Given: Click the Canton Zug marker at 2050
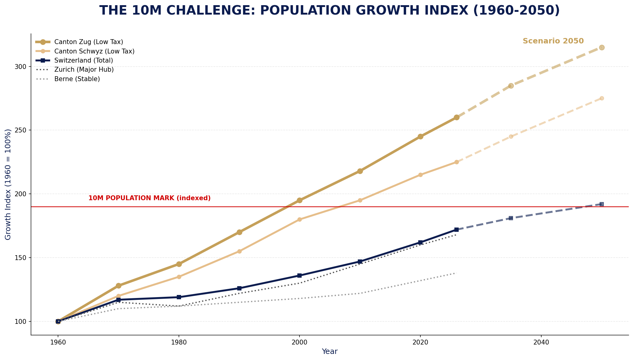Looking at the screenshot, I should click(601, 47).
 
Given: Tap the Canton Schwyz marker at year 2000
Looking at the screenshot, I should click(299, 219).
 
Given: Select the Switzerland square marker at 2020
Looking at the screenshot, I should click(420, 242).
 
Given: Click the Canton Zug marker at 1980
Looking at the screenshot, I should click(179, 264).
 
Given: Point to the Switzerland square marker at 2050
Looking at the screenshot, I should click(601, 204).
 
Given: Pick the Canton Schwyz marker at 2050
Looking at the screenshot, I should click(601, 98).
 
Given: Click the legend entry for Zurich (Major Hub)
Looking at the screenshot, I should click(84, 70).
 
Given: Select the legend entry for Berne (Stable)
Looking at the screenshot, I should click(77, 79).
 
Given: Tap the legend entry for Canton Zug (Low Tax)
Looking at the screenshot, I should click(88, 42).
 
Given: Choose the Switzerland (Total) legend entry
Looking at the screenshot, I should click(84, 60).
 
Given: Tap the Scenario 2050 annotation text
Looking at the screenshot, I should click(553, 41).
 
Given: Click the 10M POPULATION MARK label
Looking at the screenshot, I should click(149, 198).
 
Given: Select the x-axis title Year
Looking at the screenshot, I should click(330, 351).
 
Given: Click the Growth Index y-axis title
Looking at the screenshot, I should click(8, 184).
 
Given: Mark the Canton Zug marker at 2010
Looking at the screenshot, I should click(360, 171).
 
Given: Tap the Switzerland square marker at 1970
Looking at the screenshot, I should click(118, 300).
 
